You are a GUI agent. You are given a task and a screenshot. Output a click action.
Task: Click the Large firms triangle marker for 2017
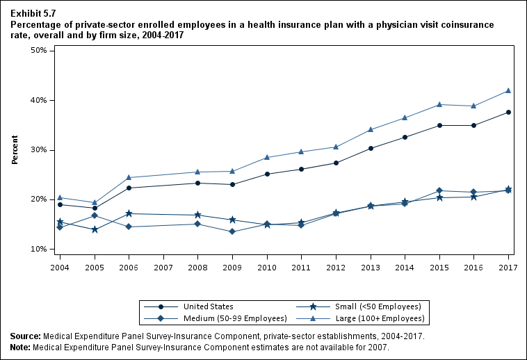pos(508,91)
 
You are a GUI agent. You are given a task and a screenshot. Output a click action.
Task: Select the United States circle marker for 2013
pos(371,148)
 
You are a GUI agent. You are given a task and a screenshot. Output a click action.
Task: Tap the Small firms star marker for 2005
pos(95,229)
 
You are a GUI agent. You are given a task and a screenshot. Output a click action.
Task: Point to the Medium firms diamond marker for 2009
pos(232,231)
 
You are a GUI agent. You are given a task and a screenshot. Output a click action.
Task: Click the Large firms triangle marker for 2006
pos(129,177)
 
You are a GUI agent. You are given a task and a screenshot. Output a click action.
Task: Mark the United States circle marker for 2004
pos(60,204)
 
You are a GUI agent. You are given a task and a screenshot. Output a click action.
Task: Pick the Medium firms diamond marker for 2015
pos(439,190)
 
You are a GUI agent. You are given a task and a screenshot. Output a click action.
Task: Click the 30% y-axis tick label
pos(38,150)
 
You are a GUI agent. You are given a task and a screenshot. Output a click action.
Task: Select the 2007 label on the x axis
pos(163,267)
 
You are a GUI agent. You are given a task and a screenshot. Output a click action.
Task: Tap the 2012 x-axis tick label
pos(336,267)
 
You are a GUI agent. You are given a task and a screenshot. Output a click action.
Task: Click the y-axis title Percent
pos(15,150)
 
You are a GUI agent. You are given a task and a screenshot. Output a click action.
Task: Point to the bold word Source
pos(25,336)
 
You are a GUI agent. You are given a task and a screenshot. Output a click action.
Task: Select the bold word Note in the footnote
pos(21,345)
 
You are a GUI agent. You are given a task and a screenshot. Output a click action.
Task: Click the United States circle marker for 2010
pos(267,174)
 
